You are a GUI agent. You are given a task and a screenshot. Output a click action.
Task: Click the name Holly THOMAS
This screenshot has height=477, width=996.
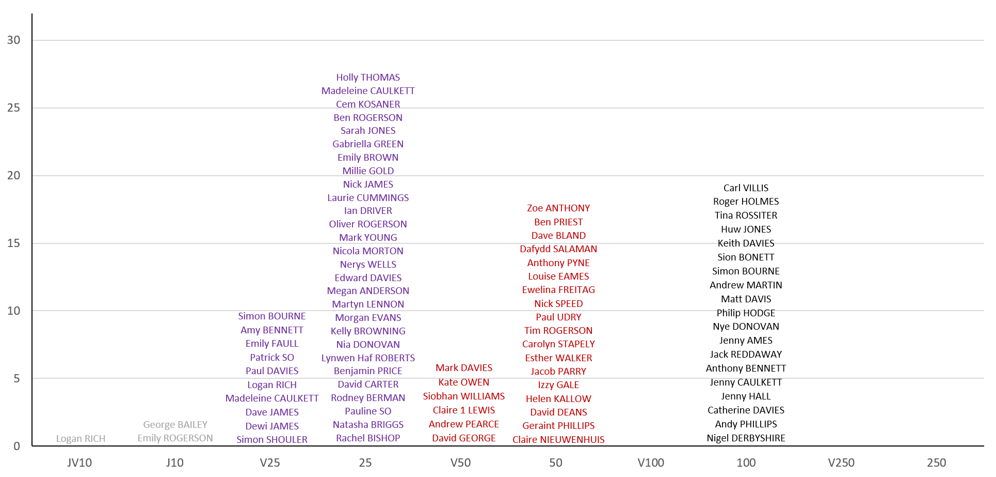point(368,78)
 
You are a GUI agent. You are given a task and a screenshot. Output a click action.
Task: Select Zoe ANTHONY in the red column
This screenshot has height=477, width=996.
point(558,208)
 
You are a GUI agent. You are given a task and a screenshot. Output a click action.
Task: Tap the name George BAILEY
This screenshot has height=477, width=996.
point(175,425)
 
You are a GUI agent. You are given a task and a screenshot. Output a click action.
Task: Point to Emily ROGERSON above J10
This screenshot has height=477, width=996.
point(175,438)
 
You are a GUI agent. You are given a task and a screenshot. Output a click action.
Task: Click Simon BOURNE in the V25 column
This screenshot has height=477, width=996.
point(271,316)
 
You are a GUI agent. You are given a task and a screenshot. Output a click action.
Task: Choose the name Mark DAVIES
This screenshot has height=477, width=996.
point(463,368)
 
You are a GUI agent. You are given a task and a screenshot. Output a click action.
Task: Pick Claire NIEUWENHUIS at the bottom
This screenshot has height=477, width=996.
point(558,440)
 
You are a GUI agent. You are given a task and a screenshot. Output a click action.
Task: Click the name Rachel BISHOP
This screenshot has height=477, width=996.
point(368,438)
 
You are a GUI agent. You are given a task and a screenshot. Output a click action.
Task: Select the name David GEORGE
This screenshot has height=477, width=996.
point(463,438)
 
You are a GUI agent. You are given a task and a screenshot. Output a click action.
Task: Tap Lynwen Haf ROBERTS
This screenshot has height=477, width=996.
point(368,358)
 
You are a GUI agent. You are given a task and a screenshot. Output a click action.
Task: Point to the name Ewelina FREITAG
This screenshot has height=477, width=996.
point(558,290)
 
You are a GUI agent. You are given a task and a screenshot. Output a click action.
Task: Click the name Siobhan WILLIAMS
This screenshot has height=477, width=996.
point(463,396)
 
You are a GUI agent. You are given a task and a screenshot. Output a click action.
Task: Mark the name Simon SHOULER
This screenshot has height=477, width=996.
point(272,440)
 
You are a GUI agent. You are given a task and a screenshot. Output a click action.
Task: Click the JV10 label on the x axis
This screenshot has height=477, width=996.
point(79,463)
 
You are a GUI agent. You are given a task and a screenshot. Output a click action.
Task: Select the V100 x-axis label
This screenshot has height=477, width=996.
point(651,463)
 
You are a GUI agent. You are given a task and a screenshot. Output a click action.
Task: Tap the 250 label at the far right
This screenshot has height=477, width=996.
point(936,463)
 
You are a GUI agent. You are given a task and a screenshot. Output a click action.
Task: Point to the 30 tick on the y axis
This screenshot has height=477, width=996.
point(14,40)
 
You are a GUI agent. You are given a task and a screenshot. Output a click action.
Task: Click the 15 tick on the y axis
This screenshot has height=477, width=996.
point(14,243)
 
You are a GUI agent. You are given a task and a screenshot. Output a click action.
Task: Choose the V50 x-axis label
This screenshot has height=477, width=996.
point(460,463)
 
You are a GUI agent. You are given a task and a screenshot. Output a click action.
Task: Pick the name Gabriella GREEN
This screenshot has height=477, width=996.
point(368,144)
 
